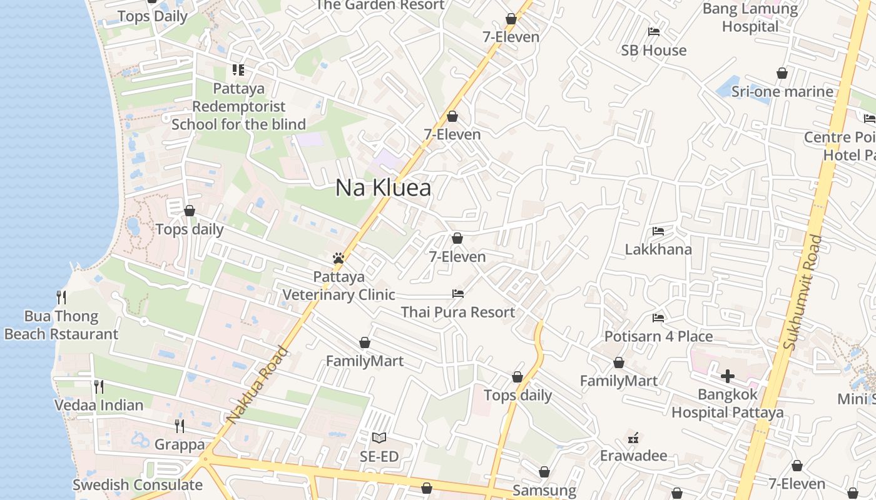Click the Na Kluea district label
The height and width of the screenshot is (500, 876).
383,187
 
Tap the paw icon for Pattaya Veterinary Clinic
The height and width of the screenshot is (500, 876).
339,258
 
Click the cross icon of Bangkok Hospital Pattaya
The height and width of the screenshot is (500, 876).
727,376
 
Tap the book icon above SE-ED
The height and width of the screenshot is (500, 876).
379,437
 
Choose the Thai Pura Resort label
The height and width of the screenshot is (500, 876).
458,312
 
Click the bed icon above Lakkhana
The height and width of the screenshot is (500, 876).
658,231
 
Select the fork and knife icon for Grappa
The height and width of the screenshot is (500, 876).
180,426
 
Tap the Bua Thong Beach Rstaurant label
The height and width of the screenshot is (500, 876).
61,325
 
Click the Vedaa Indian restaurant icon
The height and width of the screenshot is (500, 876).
98,386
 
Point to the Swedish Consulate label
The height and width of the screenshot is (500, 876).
138,484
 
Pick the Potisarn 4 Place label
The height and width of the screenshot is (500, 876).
658,336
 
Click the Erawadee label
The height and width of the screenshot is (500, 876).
633,456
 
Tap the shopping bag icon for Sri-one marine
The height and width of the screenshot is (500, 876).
782,74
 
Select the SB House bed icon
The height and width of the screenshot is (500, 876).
654,32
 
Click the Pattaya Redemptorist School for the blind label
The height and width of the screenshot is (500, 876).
238,106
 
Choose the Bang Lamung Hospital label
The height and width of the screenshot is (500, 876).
750,17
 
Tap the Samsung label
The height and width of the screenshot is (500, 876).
544,490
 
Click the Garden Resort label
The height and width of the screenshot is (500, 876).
380,5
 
